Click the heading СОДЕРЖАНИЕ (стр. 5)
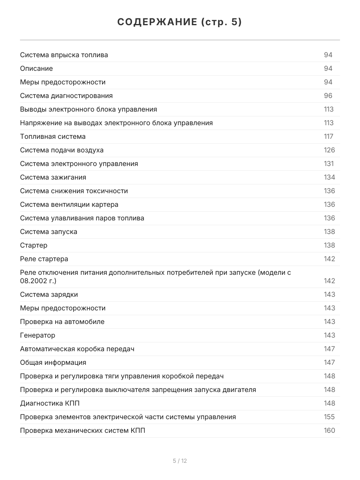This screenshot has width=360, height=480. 180,22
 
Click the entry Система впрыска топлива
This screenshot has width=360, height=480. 64,55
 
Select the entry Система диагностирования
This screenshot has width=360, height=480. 66,96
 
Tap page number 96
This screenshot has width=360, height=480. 328,96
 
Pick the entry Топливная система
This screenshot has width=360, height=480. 53,136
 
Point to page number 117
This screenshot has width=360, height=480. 328,136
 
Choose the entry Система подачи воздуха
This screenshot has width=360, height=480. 62,150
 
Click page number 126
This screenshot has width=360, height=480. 329,150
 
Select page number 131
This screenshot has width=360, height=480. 328,164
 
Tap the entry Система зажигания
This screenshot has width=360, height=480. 53,177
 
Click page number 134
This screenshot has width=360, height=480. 329,177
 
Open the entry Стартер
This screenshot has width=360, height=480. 34,245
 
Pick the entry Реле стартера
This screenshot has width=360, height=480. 44,259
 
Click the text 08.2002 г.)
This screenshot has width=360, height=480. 38,281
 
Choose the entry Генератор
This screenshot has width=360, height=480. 38,335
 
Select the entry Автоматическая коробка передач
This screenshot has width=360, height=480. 77,349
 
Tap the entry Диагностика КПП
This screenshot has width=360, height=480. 47,403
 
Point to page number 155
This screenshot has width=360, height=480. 329,417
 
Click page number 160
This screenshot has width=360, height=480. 329,430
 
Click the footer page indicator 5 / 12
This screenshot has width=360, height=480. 180,461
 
